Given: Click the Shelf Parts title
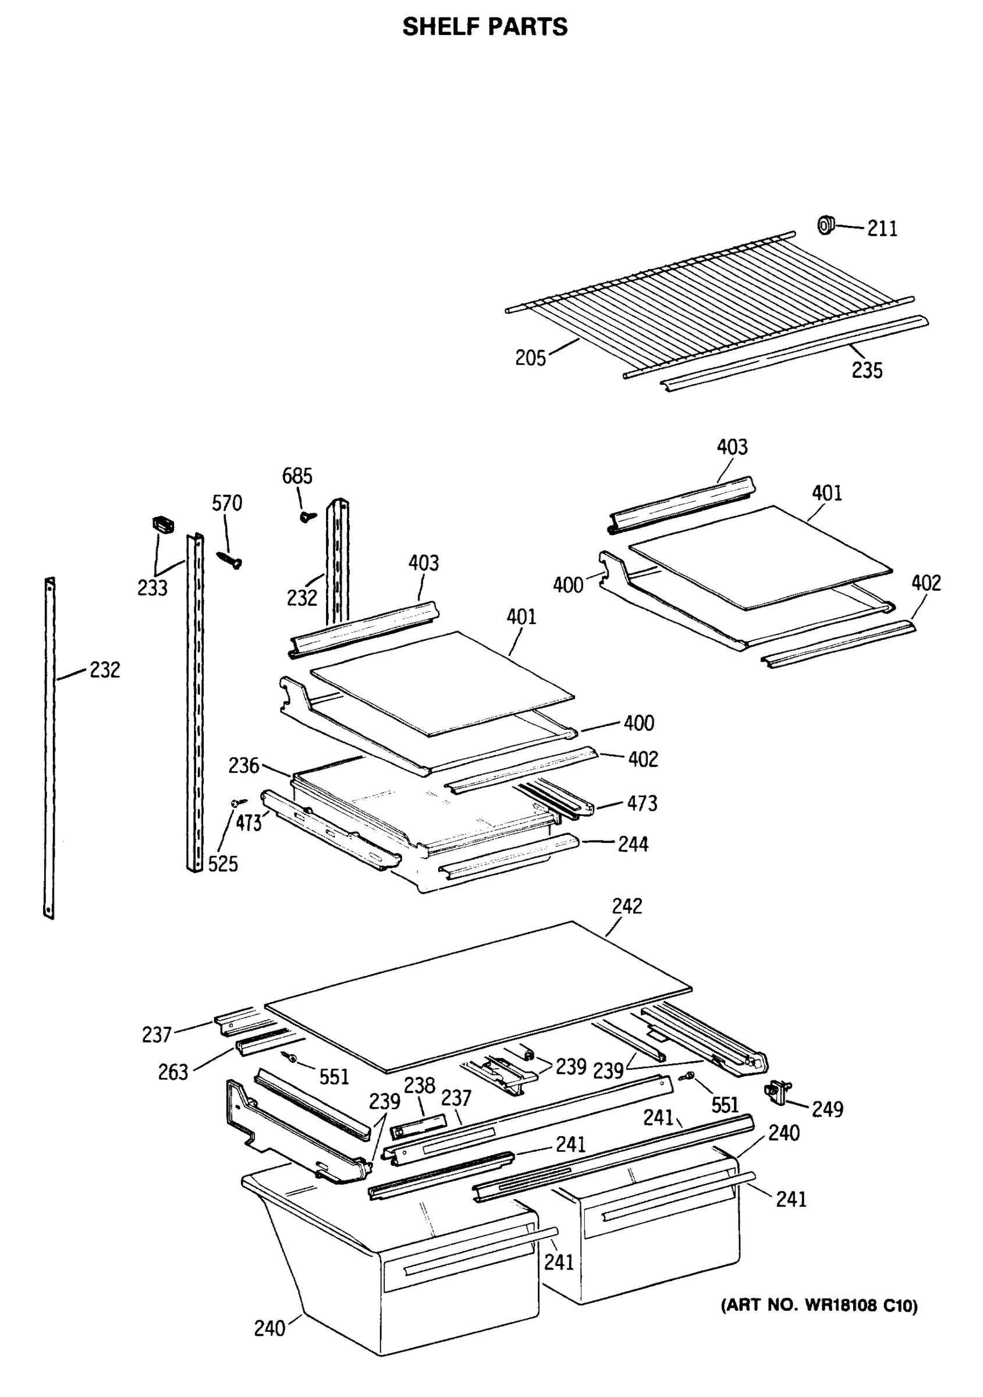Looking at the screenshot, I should click(485, 27).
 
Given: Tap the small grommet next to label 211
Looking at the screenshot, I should click(825, 225).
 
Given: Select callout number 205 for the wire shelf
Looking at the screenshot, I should click(530, 358).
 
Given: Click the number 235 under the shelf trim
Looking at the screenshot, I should click(866, 370).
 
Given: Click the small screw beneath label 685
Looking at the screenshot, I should click(308, 516).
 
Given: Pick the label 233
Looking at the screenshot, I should click(152, 588).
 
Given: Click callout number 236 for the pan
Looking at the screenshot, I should click(243, 765).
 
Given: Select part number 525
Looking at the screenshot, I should click(223, 863).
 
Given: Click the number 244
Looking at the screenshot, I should click(633, 845).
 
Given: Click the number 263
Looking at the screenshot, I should click(173, 1072).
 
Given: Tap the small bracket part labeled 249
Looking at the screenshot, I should click(779, 1092).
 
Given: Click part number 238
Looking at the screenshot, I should click(420, 1085).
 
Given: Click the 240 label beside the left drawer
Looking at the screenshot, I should click(269, 1328).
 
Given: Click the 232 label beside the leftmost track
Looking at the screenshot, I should click(105, 670).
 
